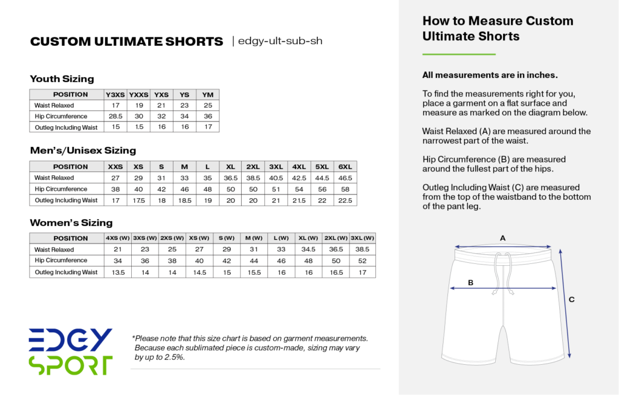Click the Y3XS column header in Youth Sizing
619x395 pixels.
click(115, 95)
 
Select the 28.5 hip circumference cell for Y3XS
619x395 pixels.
click(115, 116)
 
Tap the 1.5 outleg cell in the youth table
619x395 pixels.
click(140, 127)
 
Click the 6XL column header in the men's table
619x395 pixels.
click(345, 167)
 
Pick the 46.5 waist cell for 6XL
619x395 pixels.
click(345, 178)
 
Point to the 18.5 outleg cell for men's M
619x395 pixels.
click(184, 200)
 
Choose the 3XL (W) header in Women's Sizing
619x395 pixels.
click(363, 238)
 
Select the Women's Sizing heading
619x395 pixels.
click(71, 223)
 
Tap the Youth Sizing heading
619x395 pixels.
click(62, 79)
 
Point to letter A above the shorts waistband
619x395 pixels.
click(502, 238)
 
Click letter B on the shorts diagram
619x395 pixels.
click(471, 282)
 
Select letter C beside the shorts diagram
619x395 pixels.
click(571, 300)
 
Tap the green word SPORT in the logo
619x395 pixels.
click(71, 365)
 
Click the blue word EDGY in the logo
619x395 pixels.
click(71, 340)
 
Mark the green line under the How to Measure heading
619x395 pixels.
click(458, 54)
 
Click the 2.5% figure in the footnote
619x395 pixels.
click(174, 357)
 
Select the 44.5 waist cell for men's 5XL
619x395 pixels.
click(322, 178)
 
